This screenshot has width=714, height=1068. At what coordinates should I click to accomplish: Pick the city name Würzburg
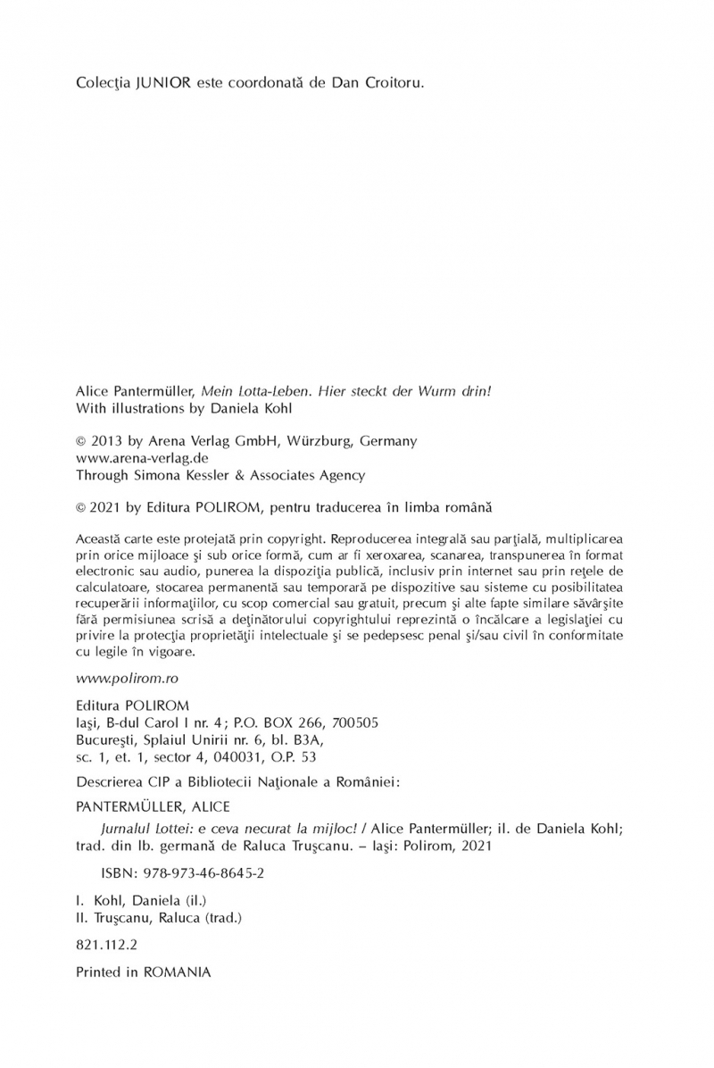pyautogui.click(x=317, y=441)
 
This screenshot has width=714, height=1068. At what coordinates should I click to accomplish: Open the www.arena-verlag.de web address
pyautogui.click(x=130, y=458)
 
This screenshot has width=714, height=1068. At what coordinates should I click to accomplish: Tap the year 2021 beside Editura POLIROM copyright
pyautogui.click(x=108, y=506)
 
